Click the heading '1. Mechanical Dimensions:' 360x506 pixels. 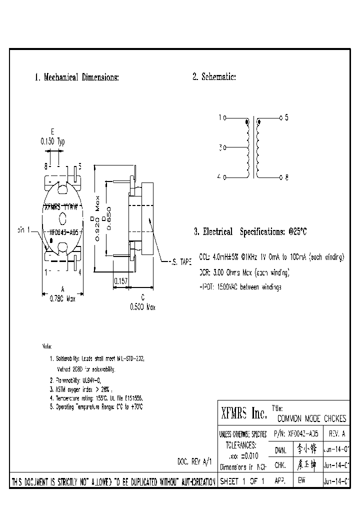[76, 77]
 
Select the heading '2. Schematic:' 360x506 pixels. [214, 77]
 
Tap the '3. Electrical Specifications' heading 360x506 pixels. [250, 232]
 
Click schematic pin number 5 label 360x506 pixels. [286, 118]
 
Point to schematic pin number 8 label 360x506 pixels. [286, 177]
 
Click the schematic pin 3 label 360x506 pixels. [220, 148]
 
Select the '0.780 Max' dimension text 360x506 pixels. [61, 298]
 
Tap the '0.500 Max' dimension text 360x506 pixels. [142, 307]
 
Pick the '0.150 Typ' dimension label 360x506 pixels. [52, 141]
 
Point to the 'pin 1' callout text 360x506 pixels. [24, 230]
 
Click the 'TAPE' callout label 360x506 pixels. [182, 261]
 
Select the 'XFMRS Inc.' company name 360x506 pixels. [243, 413]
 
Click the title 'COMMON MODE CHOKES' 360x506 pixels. [311, 418]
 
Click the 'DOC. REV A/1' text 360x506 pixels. [195, 461]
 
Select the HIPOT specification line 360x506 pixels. [240, 287]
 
